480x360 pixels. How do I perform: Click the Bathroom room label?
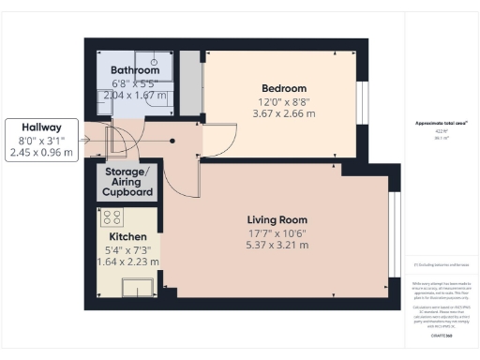135,70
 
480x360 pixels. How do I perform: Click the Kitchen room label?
128,237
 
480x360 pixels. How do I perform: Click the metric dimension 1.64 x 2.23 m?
128,262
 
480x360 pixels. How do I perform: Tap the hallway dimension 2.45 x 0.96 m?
40,152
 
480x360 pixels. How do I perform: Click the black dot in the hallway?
172,142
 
